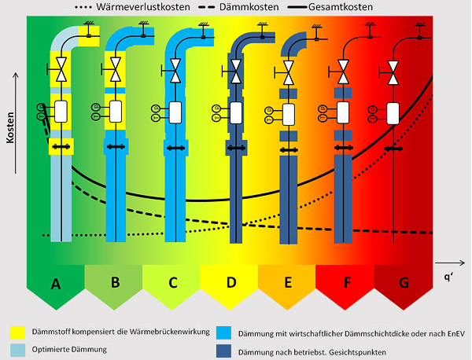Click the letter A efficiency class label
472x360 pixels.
click(x=56, y=283)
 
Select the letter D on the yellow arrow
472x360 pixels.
click(x=231, y=282)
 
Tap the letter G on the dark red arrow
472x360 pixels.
click(x=404, y=283)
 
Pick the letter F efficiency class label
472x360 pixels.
click(x=348, y=283)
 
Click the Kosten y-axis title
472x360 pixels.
click(x=11, y=127)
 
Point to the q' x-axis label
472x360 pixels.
click(x=448, y=277)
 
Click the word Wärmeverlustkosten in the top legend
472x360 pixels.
click(x=143, y=7)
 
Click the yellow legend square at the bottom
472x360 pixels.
click(x=17, y=332)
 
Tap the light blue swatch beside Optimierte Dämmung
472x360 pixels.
click(x=17, y=350)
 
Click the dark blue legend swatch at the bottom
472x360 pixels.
click(x=223, y=351)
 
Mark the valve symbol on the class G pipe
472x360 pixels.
click(x=393, y=73)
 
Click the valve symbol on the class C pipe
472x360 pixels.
click(x=175, y=71)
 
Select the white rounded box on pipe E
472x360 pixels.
click(x=289, y=115)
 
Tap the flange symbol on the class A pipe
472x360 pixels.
click(x=61, y=147)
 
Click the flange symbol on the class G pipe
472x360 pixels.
click(x=393, y=149)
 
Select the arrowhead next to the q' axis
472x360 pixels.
click(x=462, y=263)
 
